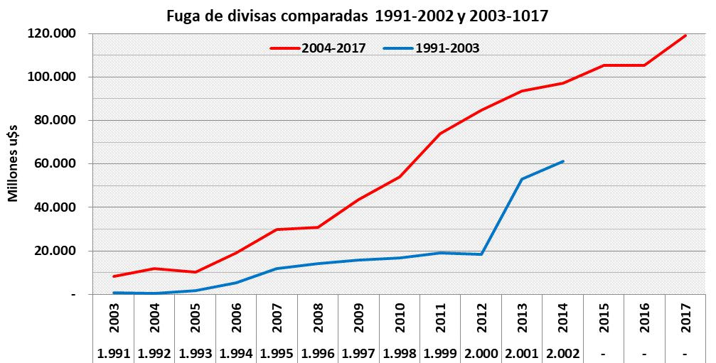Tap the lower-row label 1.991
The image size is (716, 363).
click(x=114, y=353)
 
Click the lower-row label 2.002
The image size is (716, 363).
click(x=562, y=353)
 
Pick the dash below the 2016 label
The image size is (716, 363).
click(x=645, y=353)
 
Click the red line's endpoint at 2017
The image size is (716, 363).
click(x=685, y=36)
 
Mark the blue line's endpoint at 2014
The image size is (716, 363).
click(x=563, y=161)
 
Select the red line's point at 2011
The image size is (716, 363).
click(x=441, y=134)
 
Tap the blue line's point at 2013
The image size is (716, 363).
click(x=522, y=179)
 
